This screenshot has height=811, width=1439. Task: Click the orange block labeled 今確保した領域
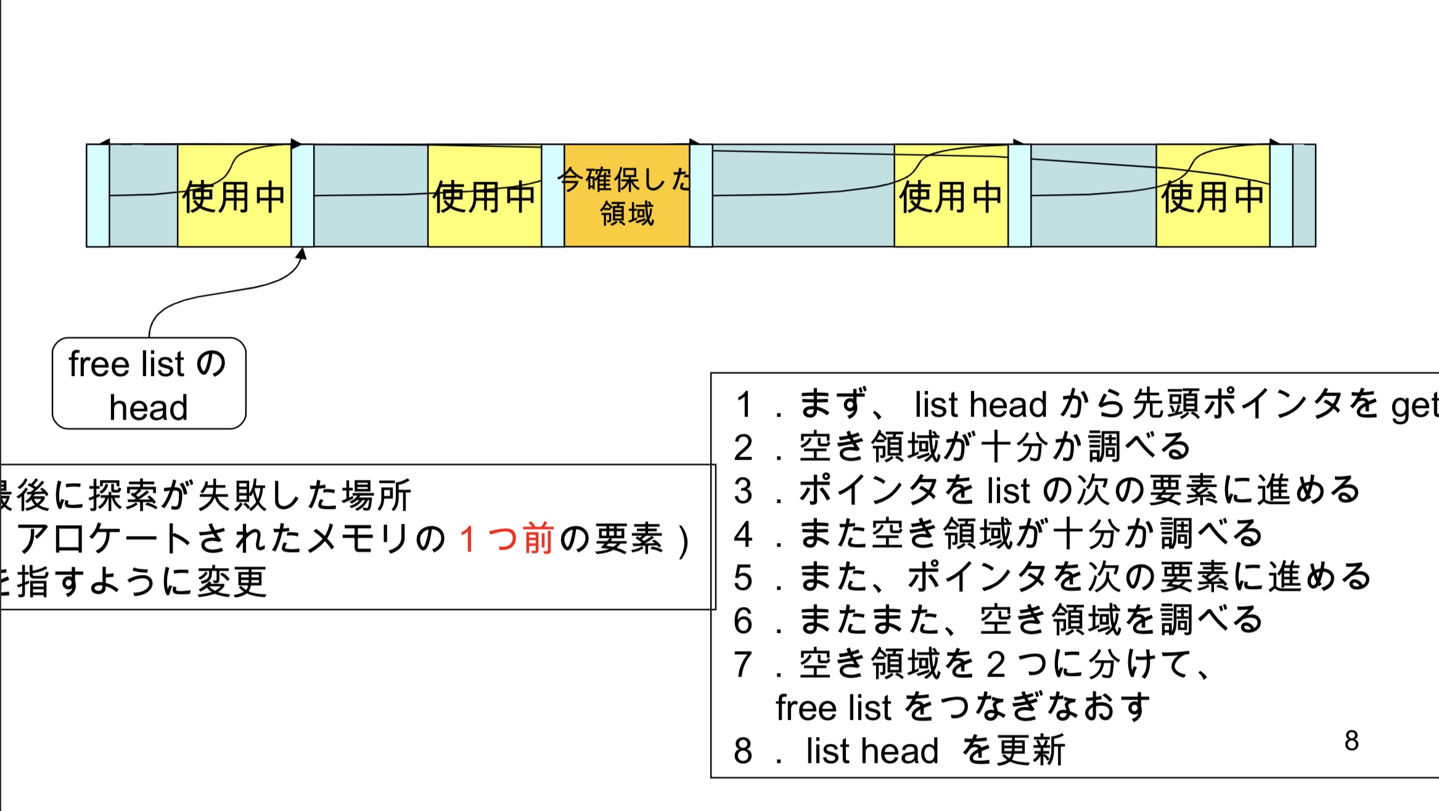click(x=626, y=196)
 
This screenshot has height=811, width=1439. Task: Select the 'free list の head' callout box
click(x=149, y=383)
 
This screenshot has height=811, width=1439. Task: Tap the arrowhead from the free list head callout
click(x=301, y=253)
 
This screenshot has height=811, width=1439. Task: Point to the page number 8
click(x=1351, y=741)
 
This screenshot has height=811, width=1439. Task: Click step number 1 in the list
click(x=744, y=405)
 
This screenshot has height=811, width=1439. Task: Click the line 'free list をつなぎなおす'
click(x=963, y=707)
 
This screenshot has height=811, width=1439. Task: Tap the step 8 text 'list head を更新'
click(x=935, y=751)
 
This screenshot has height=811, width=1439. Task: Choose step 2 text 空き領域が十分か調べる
click(x=994, y=447)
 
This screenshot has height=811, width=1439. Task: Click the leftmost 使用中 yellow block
click(x=234, y=196)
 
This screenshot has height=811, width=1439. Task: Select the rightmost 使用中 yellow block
click(x=1213, y=196)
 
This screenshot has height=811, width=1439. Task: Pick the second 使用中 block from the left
click(x=484, y=196)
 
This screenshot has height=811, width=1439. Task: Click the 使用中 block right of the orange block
click(x=951, y=196)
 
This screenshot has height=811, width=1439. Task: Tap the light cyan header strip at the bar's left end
click(x=98, y=196)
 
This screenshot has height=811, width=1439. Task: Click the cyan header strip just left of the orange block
click(x=552, y=196)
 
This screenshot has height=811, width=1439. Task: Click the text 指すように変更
click(x=142, y=582)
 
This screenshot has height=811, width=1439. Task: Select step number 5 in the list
click(x=744, y=578)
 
